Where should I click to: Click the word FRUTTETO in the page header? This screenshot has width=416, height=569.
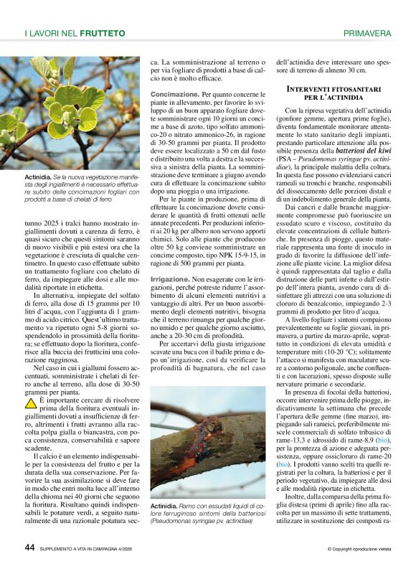[x=103, y=33]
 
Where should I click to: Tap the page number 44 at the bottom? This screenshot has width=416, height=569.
[x=30, y=547]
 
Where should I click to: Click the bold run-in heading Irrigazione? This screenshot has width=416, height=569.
[x=170, y=277]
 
